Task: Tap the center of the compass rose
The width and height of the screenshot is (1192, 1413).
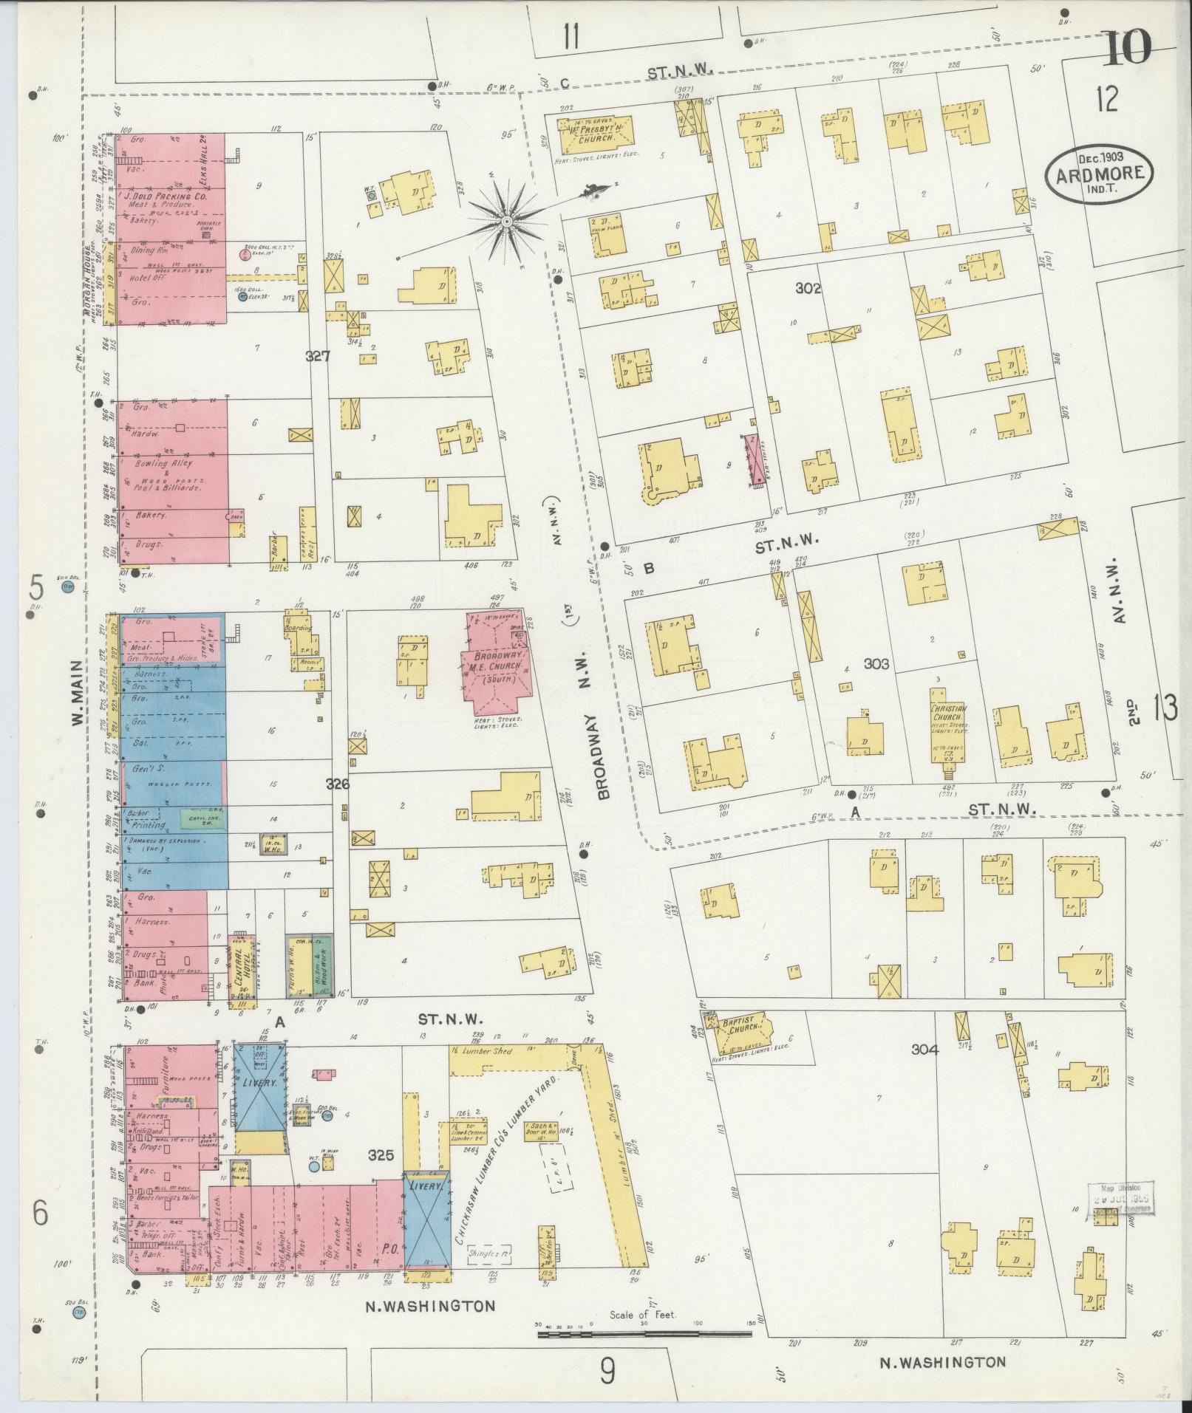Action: (x=507, y=222)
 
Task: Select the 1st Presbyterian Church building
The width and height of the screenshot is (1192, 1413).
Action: (x=596, y=134)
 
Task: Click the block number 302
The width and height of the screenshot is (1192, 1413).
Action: (x=808, y=289)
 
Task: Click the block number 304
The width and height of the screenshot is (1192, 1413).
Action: (x=924, y=1049)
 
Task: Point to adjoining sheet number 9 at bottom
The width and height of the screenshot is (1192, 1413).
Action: (x=607, y=1372)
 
